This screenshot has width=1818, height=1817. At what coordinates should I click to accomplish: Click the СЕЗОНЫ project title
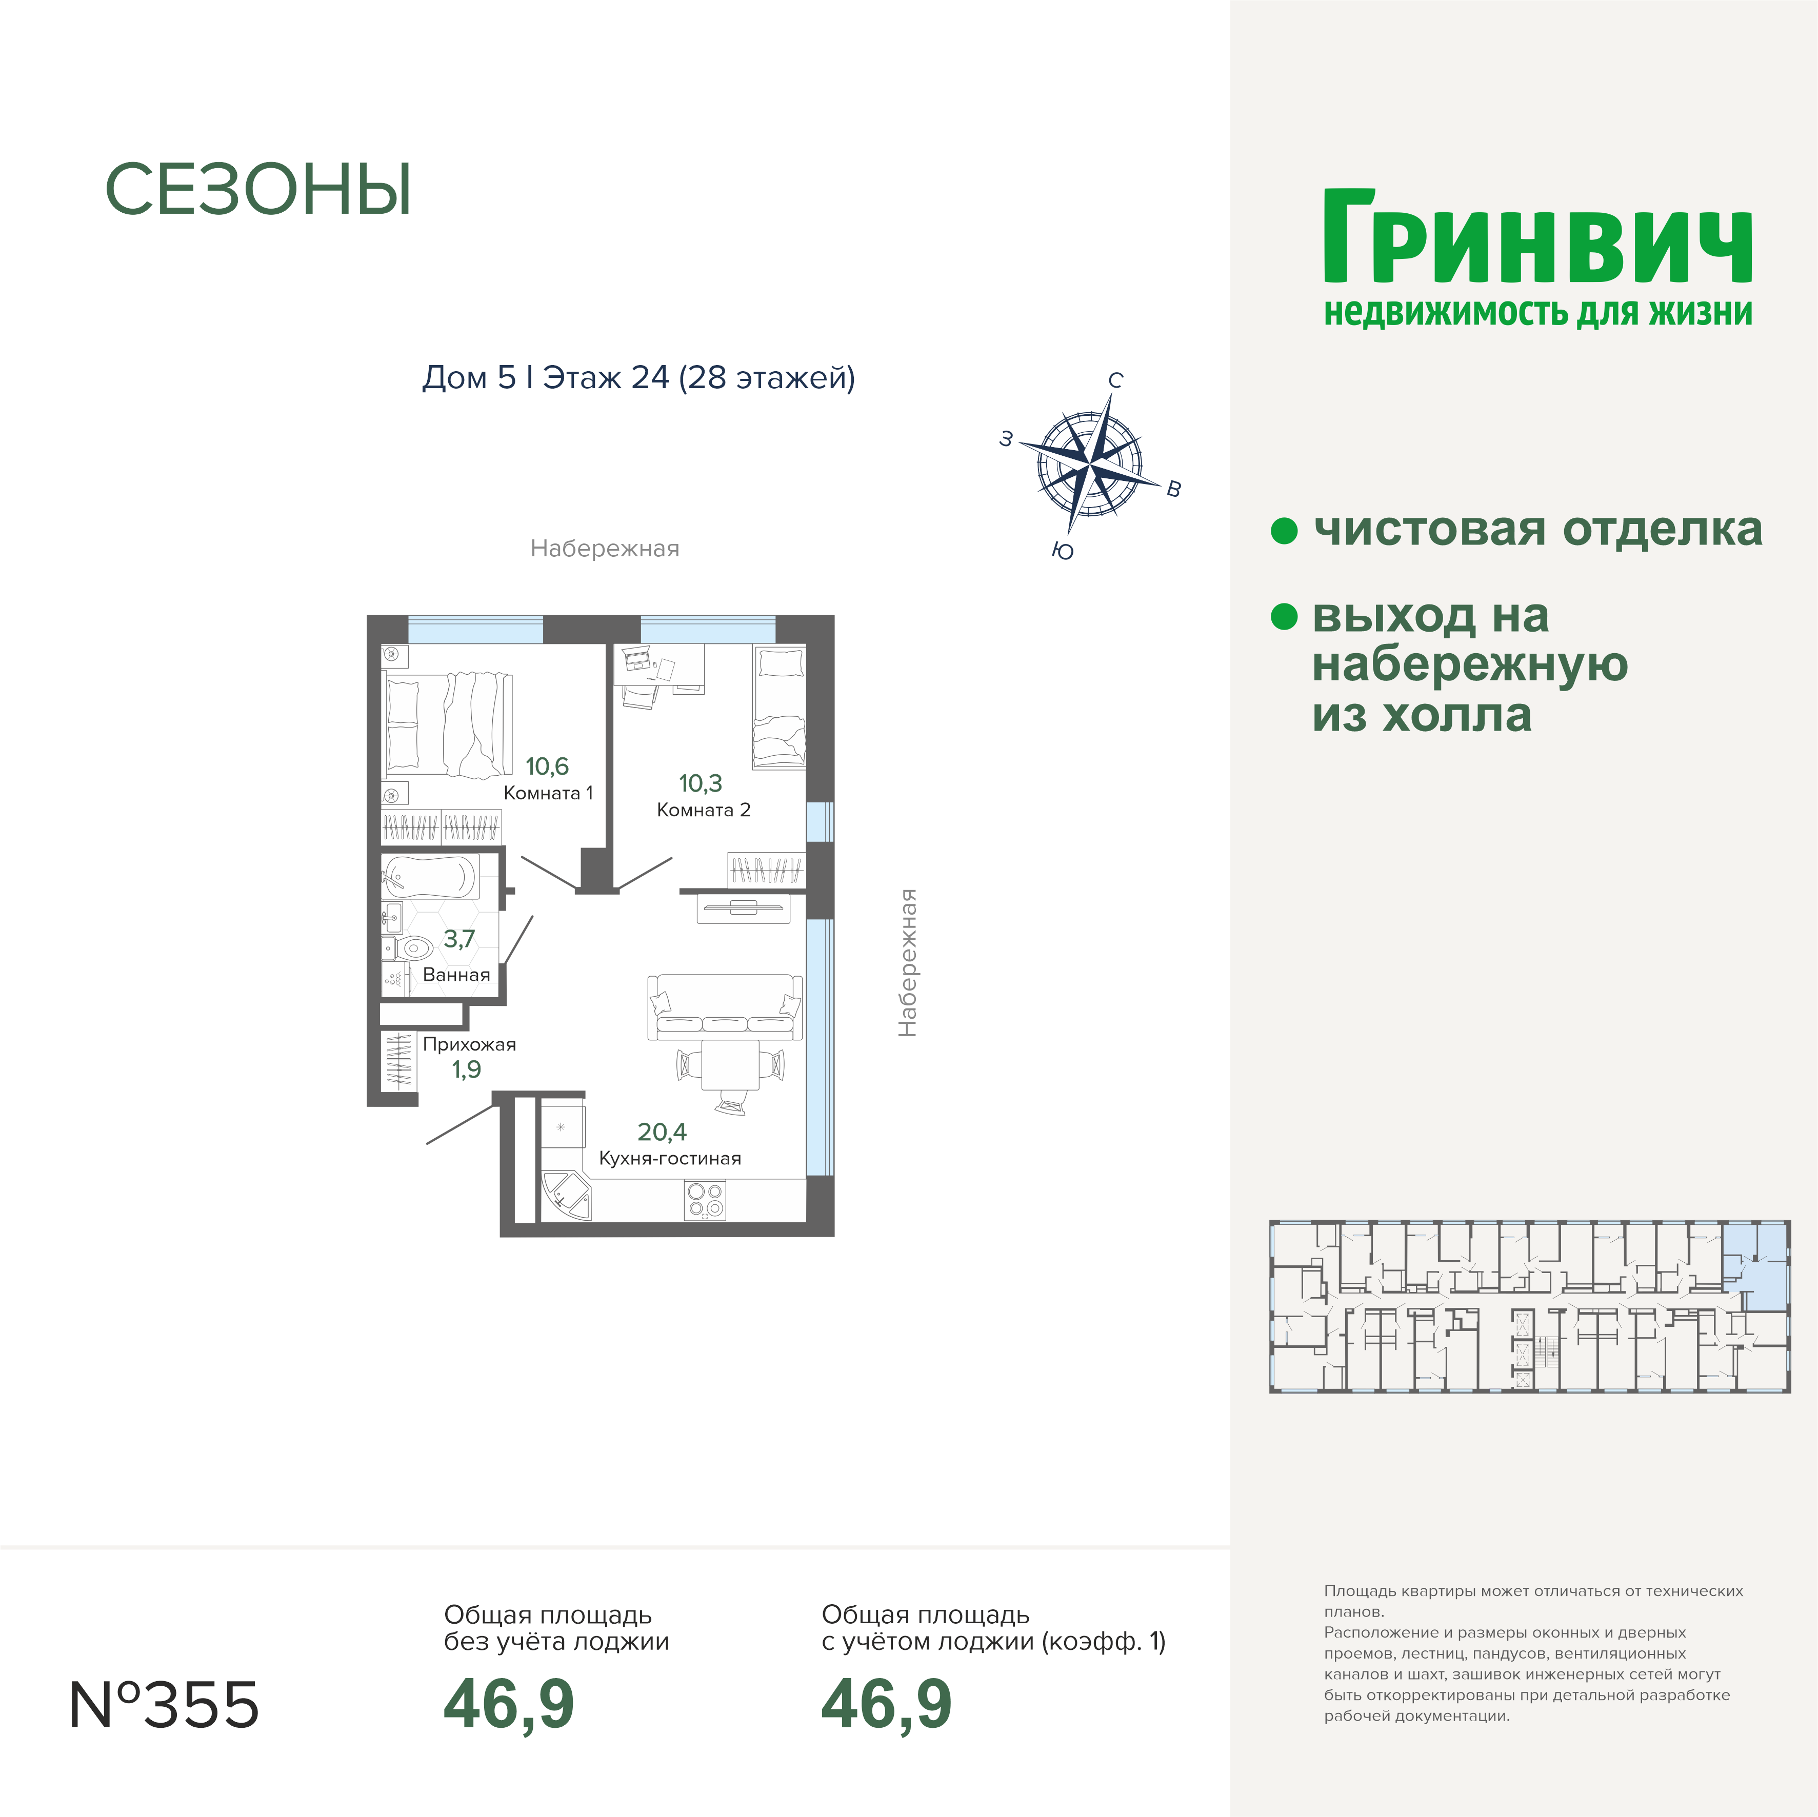point(258,190)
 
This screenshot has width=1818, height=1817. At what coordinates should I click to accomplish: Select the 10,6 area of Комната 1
point(547,766)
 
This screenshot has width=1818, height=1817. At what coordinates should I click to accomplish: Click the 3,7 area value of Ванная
point(459,939)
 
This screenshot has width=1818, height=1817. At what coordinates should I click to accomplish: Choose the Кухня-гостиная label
point(670,1158)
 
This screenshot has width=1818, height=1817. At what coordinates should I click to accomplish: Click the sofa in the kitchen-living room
point(725,1007)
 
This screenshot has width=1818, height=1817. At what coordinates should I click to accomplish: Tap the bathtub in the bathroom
point(430,877)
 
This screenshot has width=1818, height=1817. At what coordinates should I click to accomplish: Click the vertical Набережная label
point(907,963)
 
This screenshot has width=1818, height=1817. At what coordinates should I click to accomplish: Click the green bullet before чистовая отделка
point(1285,530)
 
